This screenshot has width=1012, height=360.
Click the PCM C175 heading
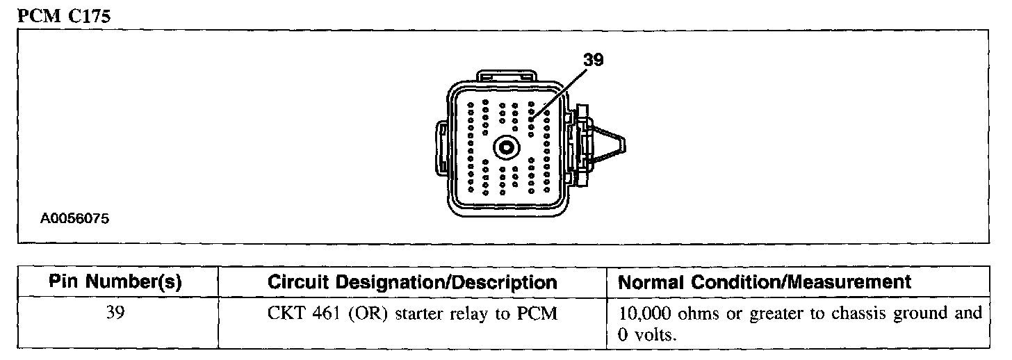[x=63, y=17]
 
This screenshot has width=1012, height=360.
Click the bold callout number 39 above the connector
[x=594, y=60]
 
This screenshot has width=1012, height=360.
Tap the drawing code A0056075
[x=74, y=218]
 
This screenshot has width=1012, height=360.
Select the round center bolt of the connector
[x=505, y=147]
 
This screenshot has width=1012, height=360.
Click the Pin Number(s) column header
[x=115, y=282]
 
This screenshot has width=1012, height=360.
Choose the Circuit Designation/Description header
[x=412, y=283]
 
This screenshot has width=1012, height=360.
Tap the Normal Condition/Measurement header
[x=764, y=282]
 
